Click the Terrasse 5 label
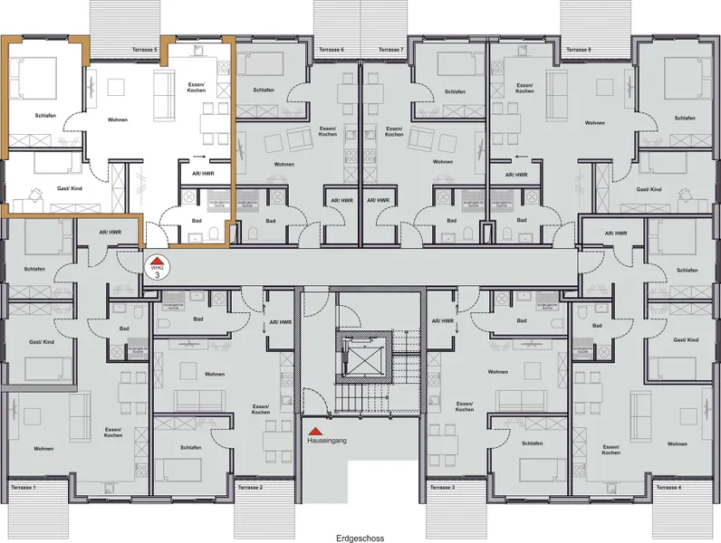[x=145, y=50]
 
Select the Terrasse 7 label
[x=390, y=50]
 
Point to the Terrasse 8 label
[x=578, y=50]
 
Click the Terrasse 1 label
[x=23, y=488]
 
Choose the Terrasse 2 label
[x=249, y=488]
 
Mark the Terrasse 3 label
[x=440, y=488]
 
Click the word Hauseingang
[x=328, y=443]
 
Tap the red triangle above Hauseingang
[x=313, y=432]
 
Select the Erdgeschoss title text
[x=360, y=538]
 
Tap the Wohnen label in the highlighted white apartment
[x=118, y=119]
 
